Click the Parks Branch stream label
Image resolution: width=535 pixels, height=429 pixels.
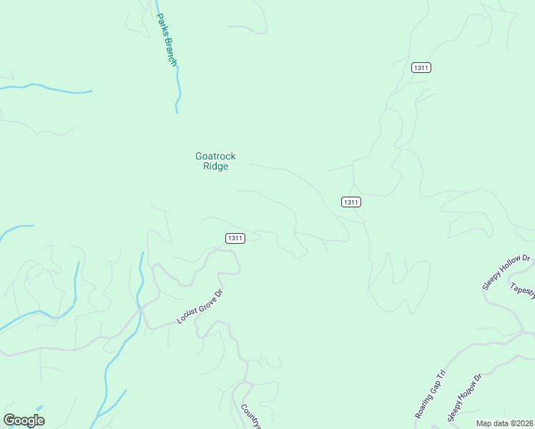pos(166,40)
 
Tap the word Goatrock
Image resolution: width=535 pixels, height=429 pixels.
pos(215,157)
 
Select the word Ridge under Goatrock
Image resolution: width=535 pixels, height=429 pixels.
pos(215,167)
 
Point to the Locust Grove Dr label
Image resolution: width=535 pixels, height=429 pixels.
pos(201,306)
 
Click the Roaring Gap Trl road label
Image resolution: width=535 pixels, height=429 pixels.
pos(430,395)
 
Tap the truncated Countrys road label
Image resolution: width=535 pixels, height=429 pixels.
pos(251,417)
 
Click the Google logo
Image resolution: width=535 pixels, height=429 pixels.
pos(24,420)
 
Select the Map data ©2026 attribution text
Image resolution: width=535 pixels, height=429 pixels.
pos(504,423)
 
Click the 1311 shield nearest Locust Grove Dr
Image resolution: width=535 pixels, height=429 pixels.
pos(235,238)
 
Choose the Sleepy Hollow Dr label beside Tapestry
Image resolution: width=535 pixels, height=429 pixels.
pos(506,272)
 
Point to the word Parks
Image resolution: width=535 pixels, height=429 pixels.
pos(161,26)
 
